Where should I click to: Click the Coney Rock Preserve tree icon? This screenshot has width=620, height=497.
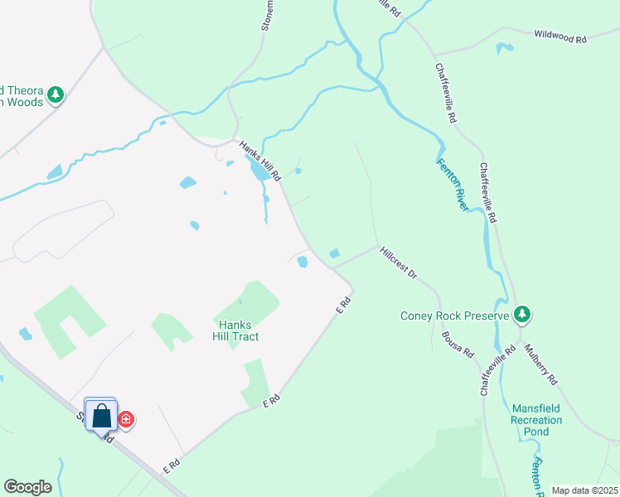coord(522,315)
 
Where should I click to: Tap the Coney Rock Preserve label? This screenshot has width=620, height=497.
coord(455,316)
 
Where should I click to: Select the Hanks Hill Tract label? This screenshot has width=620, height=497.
coord(236,331)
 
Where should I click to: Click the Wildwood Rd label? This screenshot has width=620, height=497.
coord(560,38)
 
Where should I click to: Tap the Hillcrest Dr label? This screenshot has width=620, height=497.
coord(398,262)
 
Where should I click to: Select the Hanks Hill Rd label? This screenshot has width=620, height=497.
coord(261,161)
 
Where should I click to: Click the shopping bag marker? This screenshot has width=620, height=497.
coord(101,416)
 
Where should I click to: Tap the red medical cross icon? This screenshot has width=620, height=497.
coord(126,420)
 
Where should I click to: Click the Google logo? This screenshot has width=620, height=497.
coord(27,487)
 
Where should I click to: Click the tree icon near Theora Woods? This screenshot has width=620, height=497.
coord(56,94)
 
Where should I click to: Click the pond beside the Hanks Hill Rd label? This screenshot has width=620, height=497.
coord(259,171)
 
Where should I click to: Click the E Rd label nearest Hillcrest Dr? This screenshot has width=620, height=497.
coord(344,306)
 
